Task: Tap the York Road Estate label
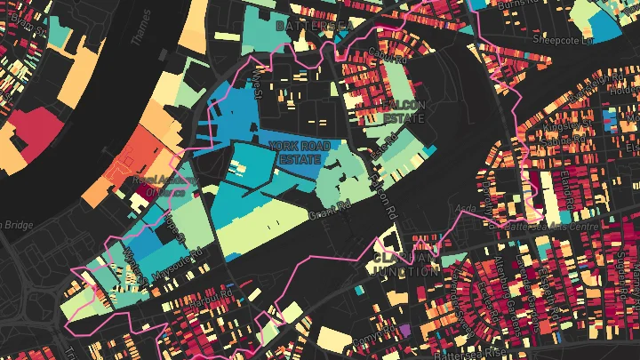[x=300, y=152]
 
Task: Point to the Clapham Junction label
[x=406, y=264]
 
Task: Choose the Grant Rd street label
[x=330, y=211]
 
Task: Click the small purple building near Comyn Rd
[x=404, y=330]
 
